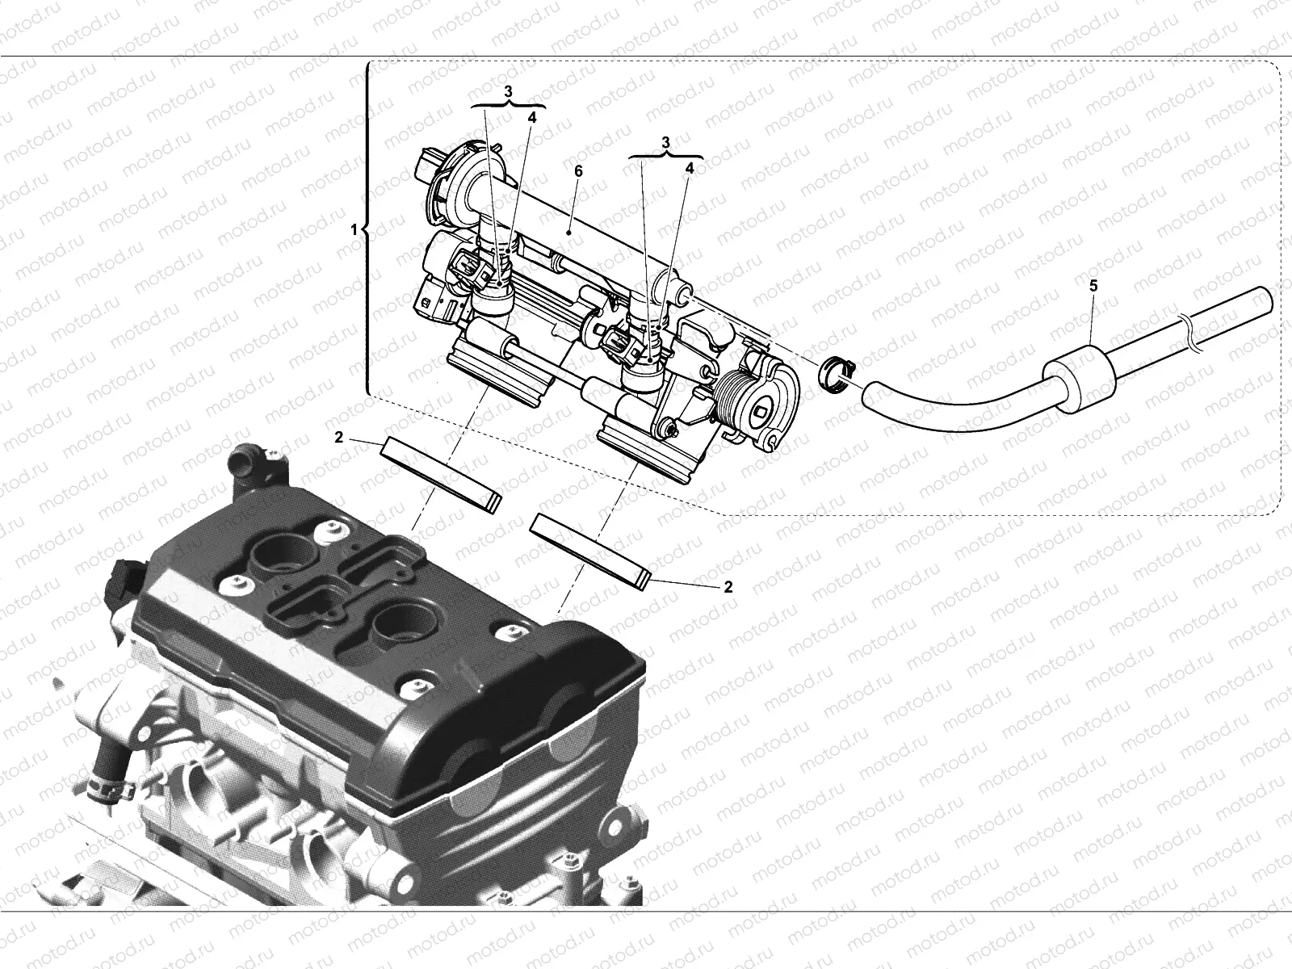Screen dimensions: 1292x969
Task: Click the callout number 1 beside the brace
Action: point(354,229)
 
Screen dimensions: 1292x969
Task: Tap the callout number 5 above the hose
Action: point(1093,285)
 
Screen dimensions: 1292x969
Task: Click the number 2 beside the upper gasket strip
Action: point(339,438)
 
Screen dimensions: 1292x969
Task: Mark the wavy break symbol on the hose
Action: point(1195,335)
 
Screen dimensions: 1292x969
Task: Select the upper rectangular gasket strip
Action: point(441,474)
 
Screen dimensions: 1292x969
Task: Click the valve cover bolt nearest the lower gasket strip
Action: point(510,635)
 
